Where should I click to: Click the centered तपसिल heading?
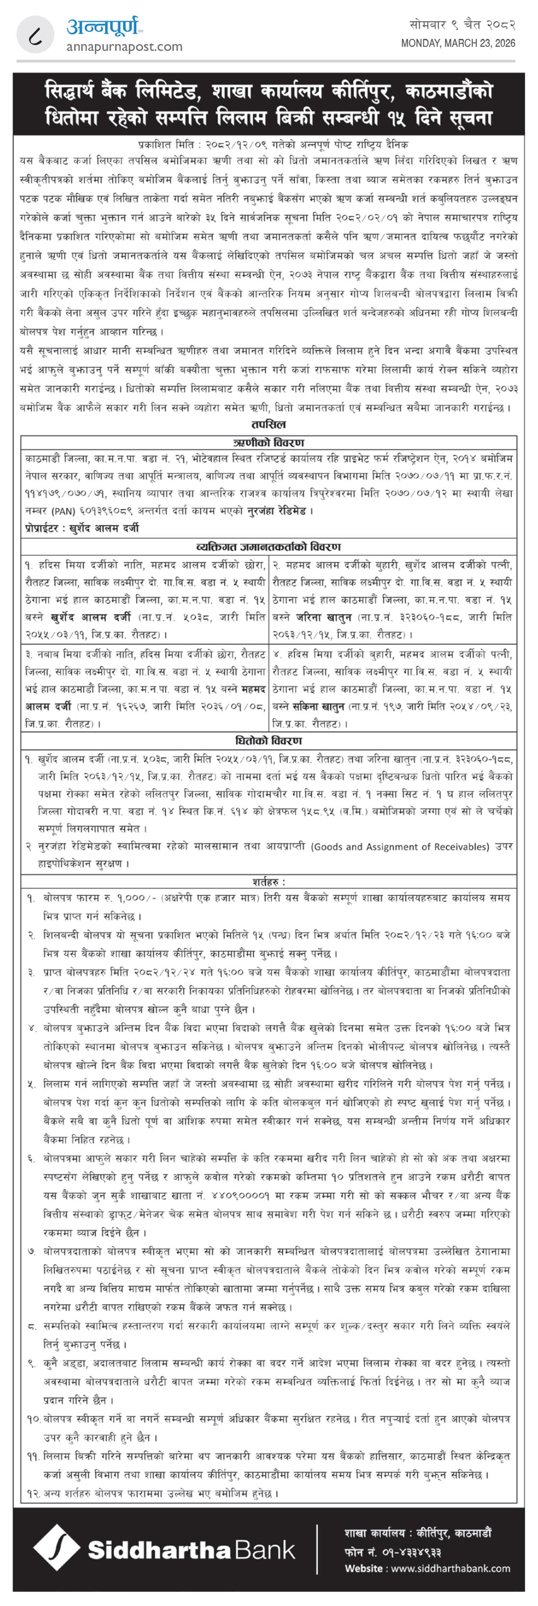(x=269, y=425)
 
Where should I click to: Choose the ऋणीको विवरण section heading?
(x=269, y=443)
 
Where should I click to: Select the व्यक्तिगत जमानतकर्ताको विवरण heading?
(x=269, y=547)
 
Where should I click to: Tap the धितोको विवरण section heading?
(x=269, y=741)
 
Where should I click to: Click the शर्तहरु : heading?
(x=269, y=882)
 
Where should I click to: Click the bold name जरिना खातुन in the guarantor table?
(x=322, y=617)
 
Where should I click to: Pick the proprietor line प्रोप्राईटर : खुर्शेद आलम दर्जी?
(x=82, y=528)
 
